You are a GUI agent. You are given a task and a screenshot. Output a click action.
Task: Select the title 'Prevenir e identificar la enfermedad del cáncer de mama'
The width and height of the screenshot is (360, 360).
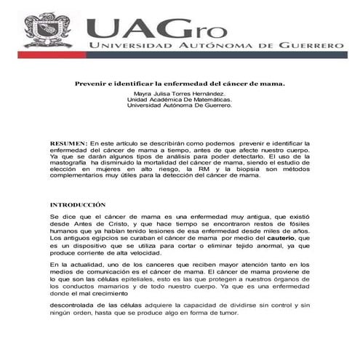tap(180, 84)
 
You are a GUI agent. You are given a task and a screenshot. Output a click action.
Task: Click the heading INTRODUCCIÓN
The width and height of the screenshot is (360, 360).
tap(78, 205)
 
